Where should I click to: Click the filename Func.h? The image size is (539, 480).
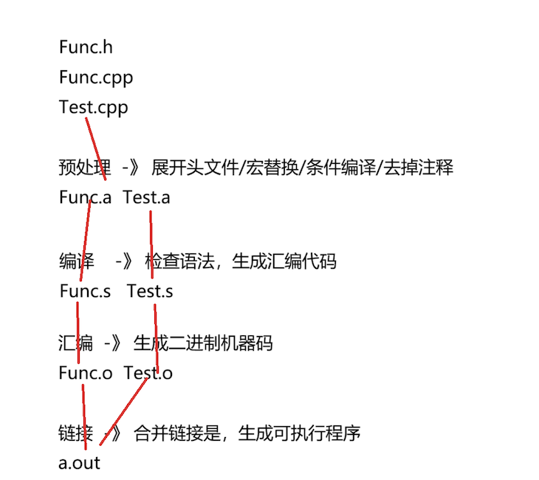pos(86,48)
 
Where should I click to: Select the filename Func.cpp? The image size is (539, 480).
pos(96,78)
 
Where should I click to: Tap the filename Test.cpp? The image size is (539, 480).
pos(94,108)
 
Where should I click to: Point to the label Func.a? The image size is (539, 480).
pos(85,197)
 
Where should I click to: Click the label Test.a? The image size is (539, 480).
pos(146,197)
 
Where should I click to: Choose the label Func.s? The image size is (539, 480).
pos(85,292)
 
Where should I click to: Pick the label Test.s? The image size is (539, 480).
pos(150,292)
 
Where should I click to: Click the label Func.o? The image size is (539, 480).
pos(85,373)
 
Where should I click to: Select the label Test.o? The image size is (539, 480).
pos(148,373)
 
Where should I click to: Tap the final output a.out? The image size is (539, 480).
pos(79,464)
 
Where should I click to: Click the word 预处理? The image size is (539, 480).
pos(80,168)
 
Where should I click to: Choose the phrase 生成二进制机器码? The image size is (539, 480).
pos(203,343)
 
